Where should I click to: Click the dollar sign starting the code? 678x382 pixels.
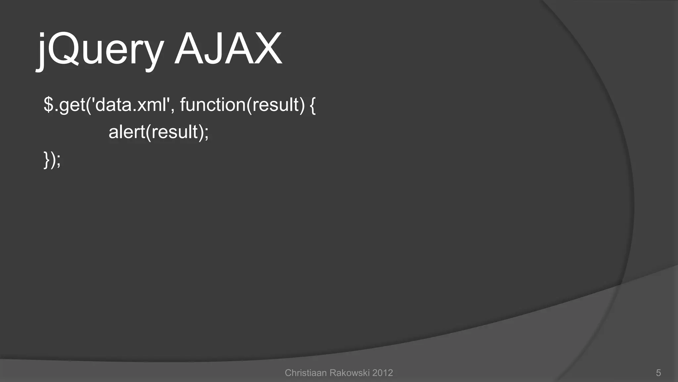point(48,105)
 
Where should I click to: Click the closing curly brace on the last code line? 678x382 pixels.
point(47,160)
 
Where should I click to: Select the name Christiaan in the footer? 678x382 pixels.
point(306,373)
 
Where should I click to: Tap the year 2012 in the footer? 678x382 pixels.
point(382,373)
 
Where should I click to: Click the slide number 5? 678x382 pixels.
point(658,373)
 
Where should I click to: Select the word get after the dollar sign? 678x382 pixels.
point(72,105)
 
